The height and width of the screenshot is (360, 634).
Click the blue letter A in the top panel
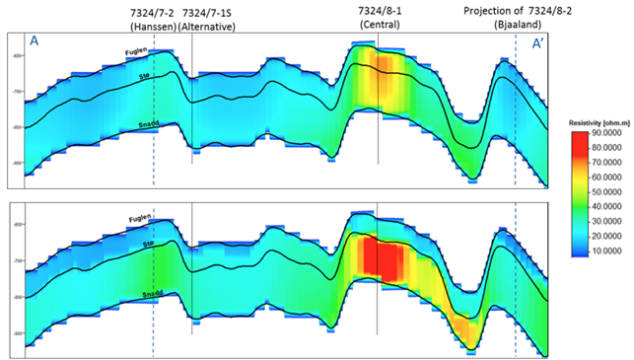(x=35, y=41)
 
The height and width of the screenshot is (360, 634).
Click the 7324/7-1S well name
(x=209, y=11)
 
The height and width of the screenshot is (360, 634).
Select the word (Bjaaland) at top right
(x=513, y=26)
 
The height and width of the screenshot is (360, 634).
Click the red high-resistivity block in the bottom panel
(x=381, y=257)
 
